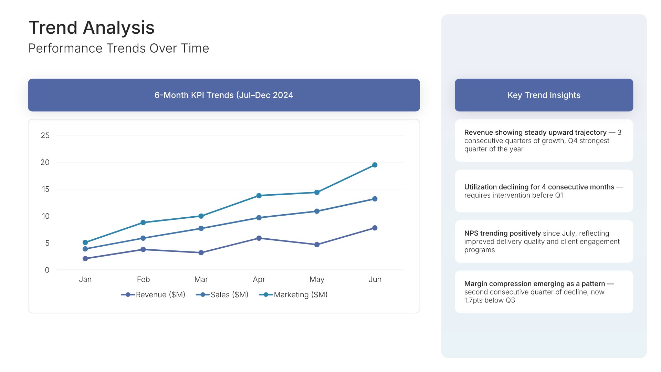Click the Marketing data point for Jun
point(375,165)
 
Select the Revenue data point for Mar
point(201,252)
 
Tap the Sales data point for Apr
point(259,218)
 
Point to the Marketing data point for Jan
point(85,242)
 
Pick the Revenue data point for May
point(317,245)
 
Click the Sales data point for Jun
point(375,199)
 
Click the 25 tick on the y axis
point(45,135)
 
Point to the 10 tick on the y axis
point(45,216)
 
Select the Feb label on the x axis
point(143,279)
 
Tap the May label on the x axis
point(317,279)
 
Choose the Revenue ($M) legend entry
point(153,294)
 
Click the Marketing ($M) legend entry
point(293,294)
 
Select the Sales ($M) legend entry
point(222,294)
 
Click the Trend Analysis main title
point(92,28)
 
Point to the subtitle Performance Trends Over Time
point(118,48)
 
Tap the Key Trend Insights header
point(544,95)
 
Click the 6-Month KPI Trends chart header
point(224,95)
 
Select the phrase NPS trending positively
point(502,233)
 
